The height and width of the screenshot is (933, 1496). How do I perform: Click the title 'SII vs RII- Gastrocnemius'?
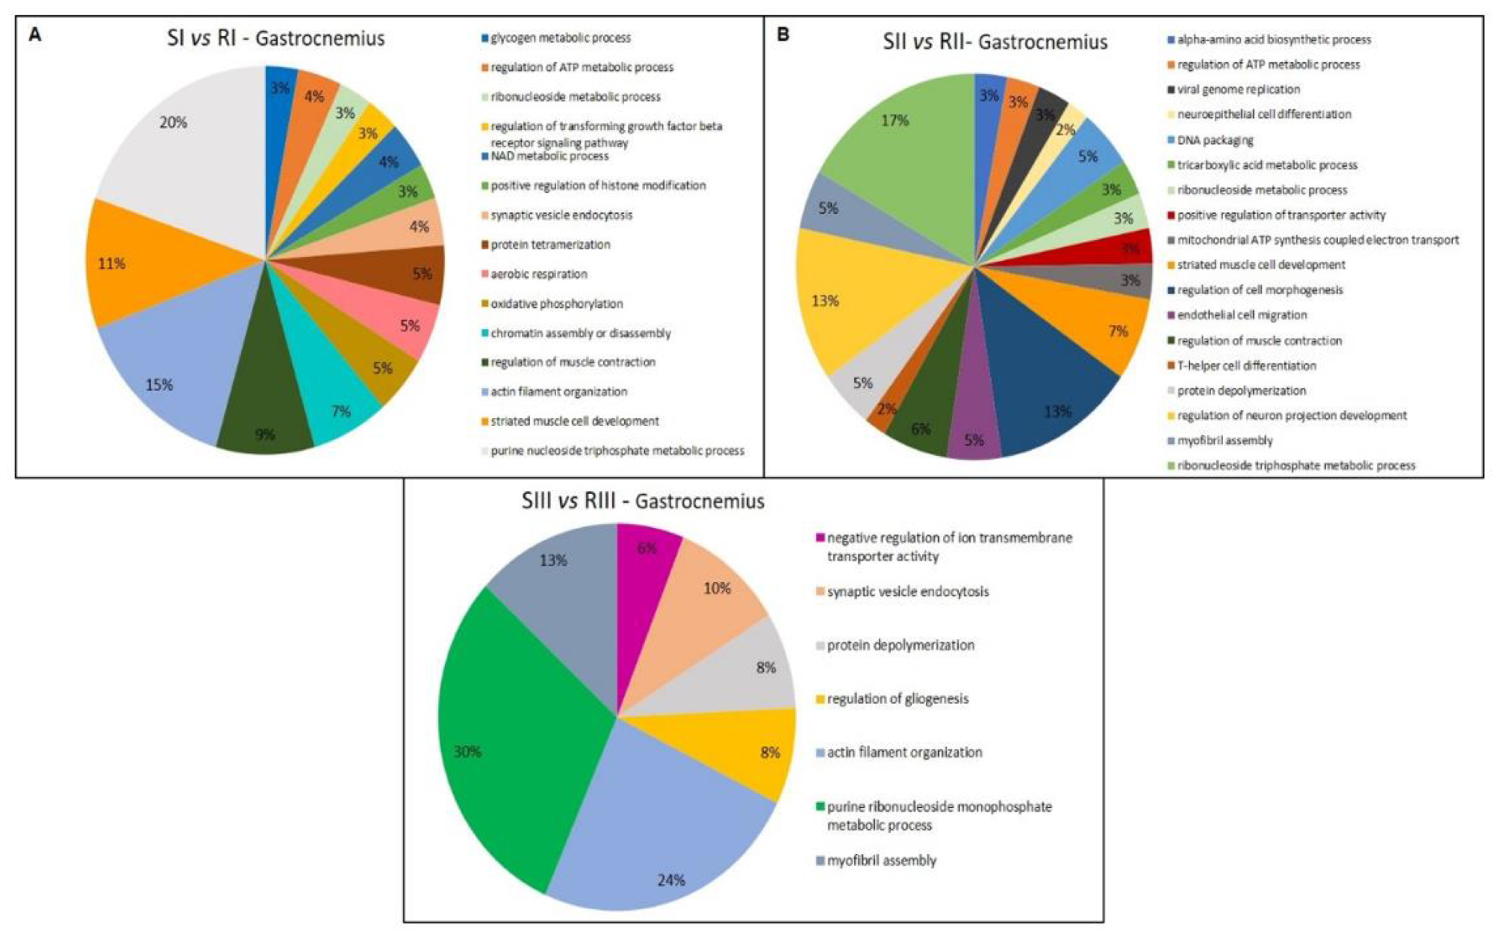(x=994, y=42)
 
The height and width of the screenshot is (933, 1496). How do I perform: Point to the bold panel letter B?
(x=782, y=34)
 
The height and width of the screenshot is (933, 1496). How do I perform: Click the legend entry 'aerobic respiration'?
(x=539, y=274)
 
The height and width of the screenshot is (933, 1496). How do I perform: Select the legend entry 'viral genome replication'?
(x=1238, y=90)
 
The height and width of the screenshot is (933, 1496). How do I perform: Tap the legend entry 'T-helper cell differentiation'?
(x=1246, y=365)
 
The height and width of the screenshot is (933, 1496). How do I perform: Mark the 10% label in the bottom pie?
(x=717, y=588)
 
